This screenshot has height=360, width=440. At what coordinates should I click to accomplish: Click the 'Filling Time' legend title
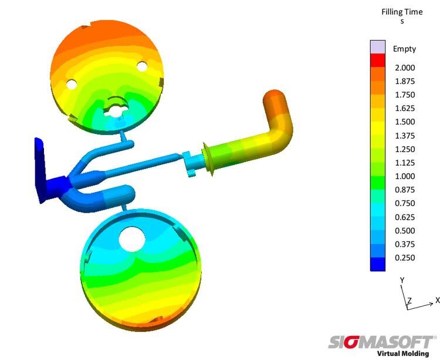click(402, 12)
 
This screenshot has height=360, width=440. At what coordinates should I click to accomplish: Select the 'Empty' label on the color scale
click(404, 49)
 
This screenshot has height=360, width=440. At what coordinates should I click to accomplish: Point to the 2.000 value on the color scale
click(405, 68)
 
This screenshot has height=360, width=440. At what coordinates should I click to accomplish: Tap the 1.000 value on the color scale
click(405, 176)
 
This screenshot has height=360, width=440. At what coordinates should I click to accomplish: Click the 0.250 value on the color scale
click(405, 257)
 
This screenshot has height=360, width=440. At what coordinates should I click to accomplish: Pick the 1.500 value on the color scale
click(405, 122)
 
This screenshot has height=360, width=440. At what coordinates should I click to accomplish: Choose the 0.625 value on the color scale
click(405, 217)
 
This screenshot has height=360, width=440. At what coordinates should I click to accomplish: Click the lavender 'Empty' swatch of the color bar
click(378, 47)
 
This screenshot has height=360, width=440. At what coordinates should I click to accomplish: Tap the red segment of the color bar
click(378, 60)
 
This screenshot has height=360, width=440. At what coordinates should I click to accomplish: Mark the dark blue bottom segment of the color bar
click(378, 264)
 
